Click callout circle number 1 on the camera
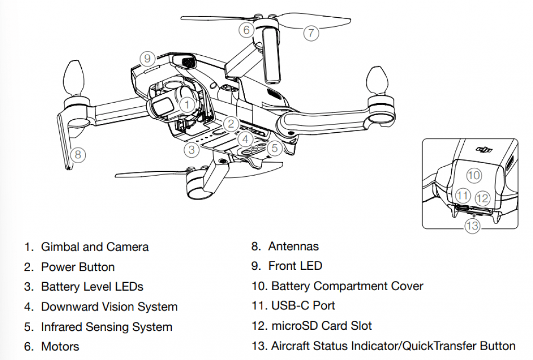click(x=187, y=105)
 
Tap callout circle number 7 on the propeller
click(x=311, y=33)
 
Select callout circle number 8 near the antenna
click(x=78, y=154)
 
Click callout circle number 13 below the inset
click(x=472, y=226)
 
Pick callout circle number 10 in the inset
click(x=474, y=176)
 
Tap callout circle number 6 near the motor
click(x=247, y=30)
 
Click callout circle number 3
click(x=192, y=150)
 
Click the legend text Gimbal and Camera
click(x=95, y=247)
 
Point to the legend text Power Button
click(x=78, y=267)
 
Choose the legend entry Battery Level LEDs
click(x=92, y=287)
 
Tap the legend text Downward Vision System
click(x=109, y=307)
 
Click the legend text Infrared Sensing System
click(x=106, y=327)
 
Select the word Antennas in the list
click(x=294, y=246)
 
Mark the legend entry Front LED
click(x=295, y=266)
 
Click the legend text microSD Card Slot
click(x=322, y=326)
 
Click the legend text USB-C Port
click(x=303, y=306)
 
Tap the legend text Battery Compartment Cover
click(x=347, y=286)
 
